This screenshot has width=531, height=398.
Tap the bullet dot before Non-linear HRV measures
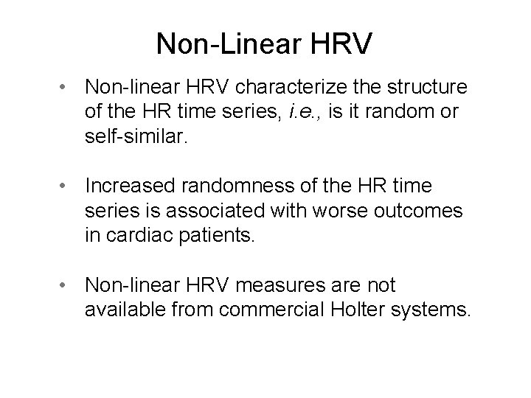pos(66,284)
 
